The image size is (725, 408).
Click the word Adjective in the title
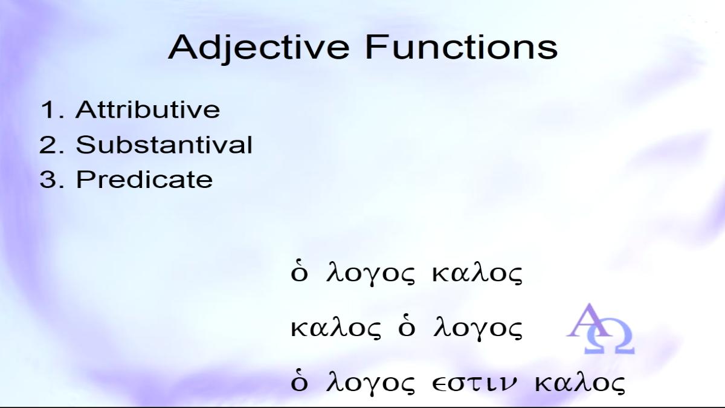(x=259, y=48)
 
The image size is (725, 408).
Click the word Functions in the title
(x=462, y=47)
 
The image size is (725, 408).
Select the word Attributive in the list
(x=148, y=109)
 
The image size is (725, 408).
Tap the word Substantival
(x=164, y=144)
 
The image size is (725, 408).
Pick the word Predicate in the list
(x=144, y=179)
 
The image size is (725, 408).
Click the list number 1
(x=52, y=109)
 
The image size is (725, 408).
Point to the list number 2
(x=52, y=144)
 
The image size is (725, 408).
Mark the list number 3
(x=52, y=179)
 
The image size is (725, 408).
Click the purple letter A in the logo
(x=589, y=321)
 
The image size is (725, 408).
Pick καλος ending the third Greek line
(x=579, y=383)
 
